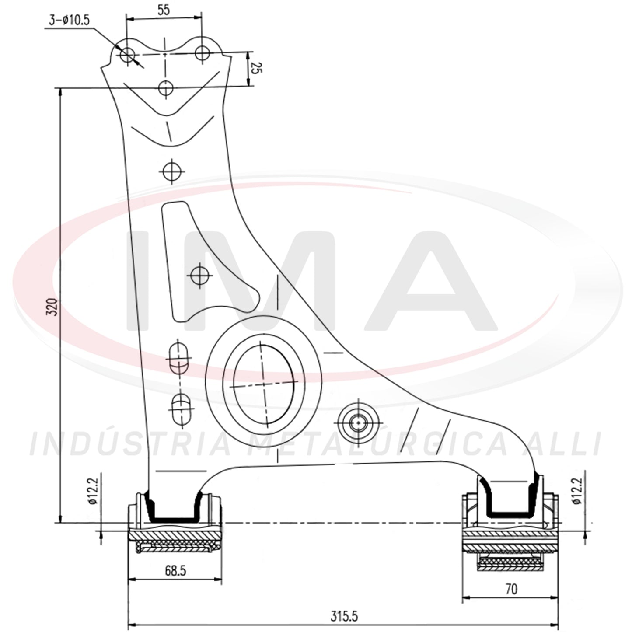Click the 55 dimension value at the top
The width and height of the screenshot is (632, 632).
164,10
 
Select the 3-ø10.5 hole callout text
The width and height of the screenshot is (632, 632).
69,21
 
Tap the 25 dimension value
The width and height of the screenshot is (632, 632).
256,68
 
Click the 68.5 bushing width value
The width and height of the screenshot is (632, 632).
175,571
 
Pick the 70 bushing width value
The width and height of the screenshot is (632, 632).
511,590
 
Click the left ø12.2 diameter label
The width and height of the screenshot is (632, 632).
94,491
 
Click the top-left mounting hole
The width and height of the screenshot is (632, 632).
127,55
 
